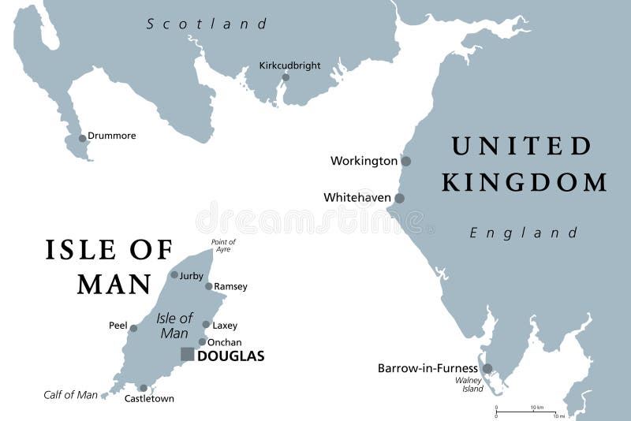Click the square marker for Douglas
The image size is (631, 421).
[x=187, y=355]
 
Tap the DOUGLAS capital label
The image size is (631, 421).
[x=230, y=356]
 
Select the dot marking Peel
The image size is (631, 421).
[x=133, y=329]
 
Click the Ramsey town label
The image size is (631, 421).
[x=231, y=286]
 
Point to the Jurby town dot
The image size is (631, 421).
[x=174, y=275]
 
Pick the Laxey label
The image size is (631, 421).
[x=225, y=325]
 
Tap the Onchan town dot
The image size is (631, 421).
[x=202, y=341]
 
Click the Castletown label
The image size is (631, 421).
[x=149, y=399]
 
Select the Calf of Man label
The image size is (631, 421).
[x=70, y=395]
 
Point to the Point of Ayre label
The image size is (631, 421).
[x=223, y=246]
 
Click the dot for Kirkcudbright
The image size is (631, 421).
[x=286, y=77]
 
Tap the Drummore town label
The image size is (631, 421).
[x=111, y=136]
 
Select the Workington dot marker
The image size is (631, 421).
[x=405, y=161]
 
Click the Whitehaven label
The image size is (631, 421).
[x=357, y=198]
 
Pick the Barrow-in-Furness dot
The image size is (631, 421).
[x=487, y=368]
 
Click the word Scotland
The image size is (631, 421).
[x=207, y=24]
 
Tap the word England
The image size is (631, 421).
[x=524, y=233]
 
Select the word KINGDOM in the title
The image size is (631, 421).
[x=525, y=183]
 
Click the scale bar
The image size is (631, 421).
[x=528, y=411]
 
